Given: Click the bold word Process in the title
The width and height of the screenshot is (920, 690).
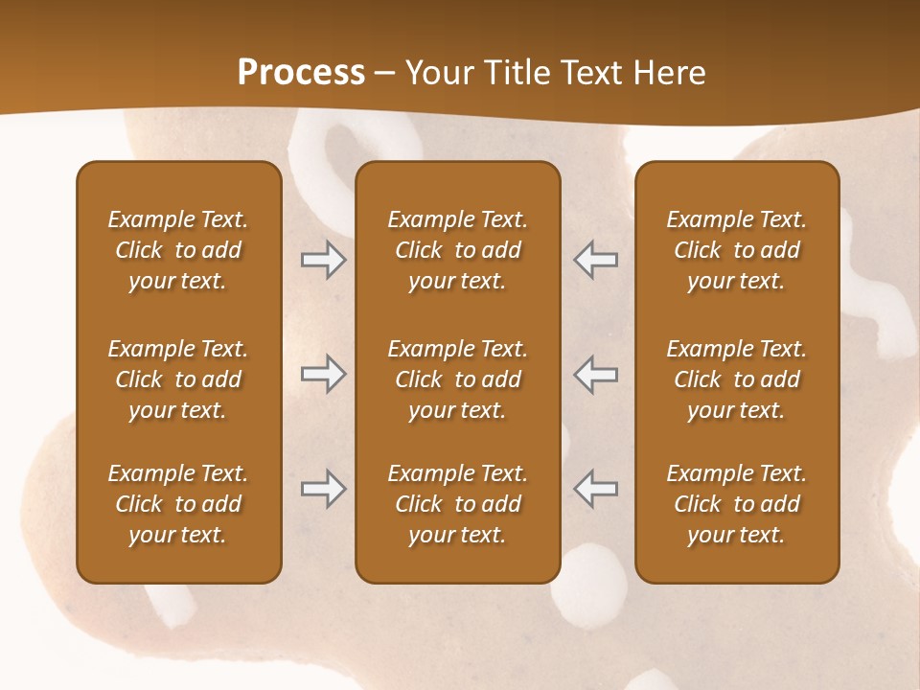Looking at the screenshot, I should coord(301,73).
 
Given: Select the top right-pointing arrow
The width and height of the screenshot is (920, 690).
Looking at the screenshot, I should coord(324,260).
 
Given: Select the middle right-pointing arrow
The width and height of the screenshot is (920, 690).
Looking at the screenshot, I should coord(324,374).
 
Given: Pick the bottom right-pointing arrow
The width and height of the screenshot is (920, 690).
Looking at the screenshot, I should coord(324,489).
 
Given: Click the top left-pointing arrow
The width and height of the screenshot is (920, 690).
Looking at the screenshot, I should coord(595,260).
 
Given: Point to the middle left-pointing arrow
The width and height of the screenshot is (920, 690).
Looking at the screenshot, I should coord(595,374).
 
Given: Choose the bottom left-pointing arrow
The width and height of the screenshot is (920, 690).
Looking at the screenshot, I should coord(595,489).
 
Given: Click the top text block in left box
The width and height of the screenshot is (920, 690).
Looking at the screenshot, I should coord(178,250).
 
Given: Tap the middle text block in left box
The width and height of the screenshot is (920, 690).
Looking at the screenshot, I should coord(178,379).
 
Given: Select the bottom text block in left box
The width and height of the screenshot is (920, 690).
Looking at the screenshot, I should coord(178,504).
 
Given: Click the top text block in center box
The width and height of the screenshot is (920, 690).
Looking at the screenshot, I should coord(457,250).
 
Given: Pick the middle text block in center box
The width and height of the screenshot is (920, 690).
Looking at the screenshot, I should coord(457,379).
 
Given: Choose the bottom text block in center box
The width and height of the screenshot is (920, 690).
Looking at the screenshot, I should coord(457,504).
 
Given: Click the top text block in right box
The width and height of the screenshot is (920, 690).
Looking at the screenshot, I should coord(737,250).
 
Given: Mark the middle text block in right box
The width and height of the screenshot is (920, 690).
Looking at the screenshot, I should coord(737,379).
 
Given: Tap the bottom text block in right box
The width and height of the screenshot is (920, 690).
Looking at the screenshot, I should coord(737,504).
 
